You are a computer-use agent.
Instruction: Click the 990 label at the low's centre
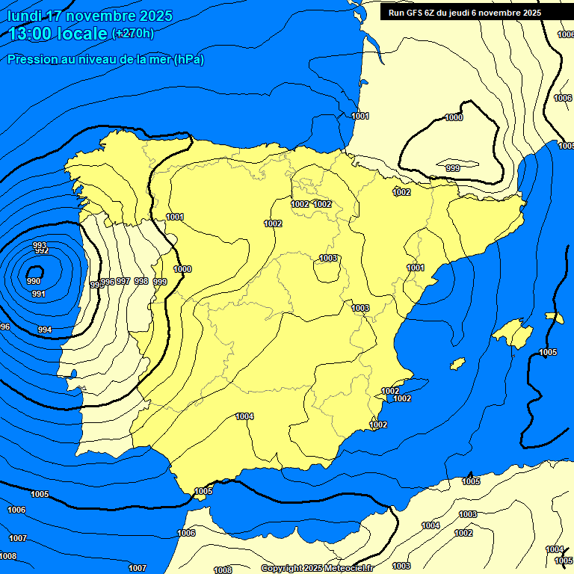[34, 281]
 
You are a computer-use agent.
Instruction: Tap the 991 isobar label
[39, 294]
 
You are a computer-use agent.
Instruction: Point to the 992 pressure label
[42, 251]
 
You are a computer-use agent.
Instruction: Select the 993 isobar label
[40, 245]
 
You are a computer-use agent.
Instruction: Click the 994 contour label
[45, 330]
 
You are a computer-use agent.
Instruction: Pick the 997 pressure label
[123, 281]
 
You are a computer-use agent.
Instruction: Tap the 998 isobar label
[141, 281]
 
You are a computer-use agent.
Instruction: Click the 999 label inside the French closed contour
[453, 168]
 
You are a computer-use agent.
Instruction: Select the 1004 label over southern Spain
[244, 416]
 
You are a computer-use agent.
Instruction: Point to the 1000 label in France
[454, 117]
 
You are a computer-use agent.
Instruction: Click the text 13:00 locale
[58, 34]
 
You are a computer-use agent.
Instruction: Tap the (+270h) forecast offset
[133, 34]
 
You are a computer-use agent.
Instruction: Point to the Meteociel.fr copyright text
[318, 568]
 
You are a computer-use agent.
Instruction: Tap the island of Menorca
[554, 318]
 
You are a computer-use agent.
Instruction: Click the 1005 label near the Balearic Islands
[548, 352]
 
